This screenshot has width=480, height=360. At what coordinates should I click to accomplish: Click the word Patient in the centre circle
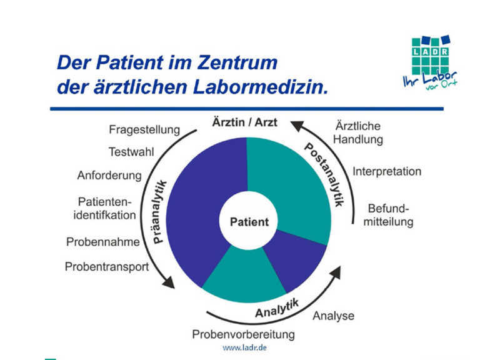click(x=249, y=222)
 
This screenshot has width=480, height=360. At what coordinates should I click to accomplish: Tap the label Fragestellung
click(x=144, y=130)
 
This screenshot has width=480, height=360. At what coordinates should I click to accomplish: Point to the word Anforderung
click(x=109, y=176)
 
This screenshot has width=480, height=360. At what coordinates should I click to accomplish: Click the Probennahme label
click(x=99, y=242)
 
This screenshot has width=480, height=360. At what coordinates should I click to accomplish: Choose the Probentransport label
click(x=107, y=267)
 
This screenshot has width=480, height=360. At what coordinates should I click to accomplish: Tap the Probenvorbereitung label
click(x=243, y=334)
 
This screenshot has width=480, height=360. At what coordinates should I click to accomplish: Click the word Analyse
click(x=333, y=316)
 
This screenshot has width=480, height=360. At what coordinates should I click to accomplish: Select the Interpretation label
click(x=387, y=171)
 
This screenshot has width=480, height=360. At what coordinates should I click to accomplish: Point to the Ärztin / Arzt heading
click(x=246, y=122)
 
